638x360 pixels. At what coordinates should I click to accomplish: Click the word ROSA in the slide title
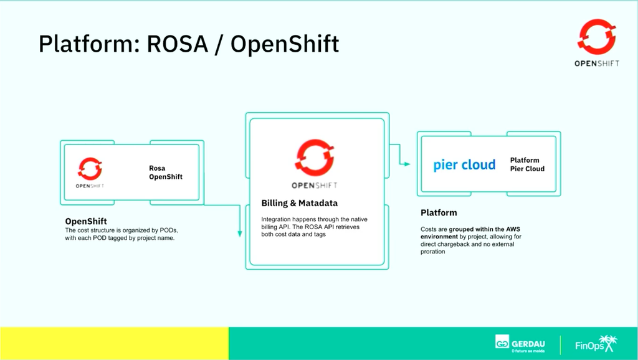point(178,44)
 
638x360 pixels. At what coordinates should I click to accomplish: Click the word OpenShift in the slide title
point(285,45)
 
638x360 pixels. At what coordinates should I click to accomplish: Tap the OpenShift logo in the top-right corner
point(596,43)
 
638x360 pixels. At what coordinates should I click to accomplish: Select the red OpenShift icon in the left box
point(90,168)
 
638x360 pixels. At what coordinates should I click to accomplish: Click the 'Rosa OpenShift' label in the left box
point(166,173)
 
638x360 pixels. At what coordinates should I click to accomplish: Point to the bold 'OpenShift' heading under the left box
point(86,221)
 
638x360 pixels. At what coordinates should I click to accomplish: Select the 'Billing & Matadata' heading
point(300,203)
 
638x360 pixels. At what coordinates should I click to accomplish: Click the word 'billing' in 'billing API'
point(269,227)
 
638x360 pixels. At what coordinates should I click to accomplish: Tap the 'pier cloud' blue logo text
point(464,165)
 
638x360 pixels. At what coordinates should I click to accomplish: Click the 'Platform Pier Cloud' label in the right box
point(527,164)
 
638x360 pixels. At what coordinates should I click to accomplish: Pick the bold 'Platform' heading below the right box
point(439,213)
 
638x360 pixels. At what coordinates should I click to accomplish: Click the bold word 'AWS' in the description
point(513,229)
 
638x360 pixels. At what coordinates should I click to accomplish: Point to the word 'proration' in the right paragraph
point(432,252)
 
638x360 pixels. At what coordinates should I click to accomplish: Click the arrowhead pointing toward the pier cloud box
point(407,164)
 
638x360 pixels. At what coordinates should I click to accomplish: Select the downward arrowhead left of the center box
point(240,234)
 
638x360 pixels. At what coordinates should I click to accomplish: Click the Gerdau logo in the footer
point(520,344)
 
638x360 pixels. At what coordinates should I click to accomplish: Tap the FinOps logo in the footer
point(596,344)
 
